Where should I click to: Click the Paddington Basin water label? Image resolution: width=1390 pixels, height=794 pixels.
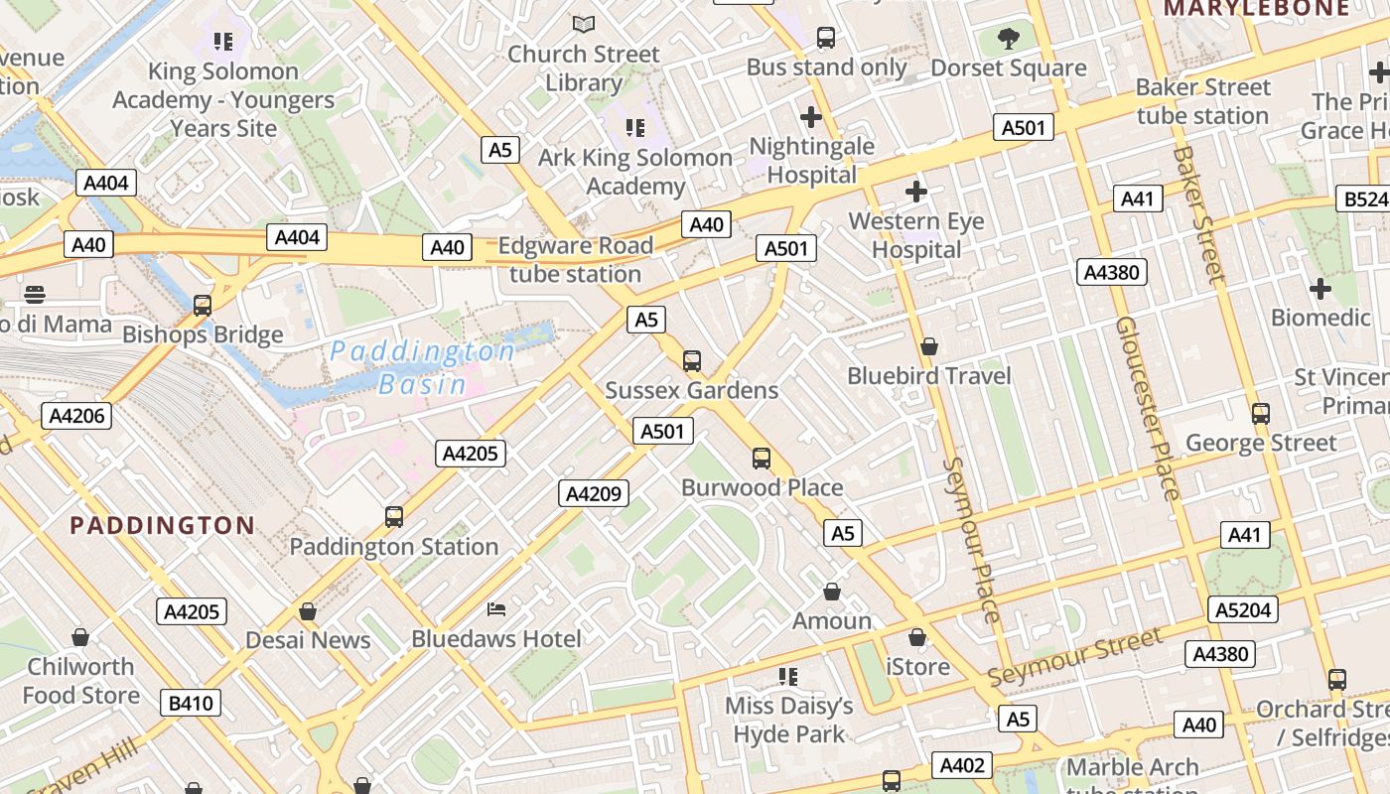click(x=423, y=367)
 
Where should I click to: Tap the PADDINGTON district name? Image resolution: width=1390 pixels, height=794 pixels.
click(x=162, y=525)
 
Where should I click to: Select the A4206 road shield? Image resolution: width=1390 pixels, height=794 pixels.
click(x=76, y=415)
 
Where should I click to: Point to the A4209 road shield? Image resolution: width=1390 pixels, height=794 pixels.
click(x=594, y=492)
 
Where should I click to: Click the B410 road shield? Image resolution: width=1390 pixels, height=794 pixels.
click(x=191, y=703)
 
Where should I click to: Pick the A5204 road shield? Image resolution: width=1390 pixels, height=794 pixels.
click(x=1242, y=609)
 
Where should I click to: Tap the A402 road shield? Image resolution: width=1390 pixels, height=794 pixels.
click(x=962, y=764)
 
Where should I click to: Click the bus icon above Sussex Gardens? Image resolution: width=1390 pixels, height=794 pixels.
click(x=692, y=361)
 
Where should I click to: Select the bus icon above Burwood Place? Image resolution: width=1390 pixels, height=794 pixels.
click(x=762, y=459)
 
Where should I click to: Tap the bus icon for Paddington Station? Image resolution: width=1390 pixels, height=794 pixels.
click(x=394, y=517)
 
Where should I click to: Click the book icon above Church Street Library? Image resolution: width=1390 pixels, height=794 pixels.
click(x=584, y=24)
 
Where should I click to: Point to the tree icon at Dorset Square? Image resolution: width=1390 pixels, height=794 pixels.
click(x=1009, y=40)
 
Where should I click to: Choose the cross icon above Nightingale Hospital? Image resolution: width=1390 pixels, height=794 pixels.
click(x=811, y=117)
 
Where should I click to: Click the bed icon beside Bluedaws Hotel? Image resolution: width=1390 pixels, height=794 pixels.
click(x=496, y=608)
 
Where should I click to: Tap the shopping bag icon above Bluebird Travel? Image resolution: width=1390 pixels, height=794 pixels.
click(x=929, y=346)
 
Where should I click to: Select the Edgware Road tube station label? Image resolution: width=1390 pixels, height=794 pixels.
click(x=575, y=260)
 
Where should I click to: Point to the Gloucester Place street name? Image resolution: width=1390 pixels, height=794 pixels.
click(x=1147, y=408)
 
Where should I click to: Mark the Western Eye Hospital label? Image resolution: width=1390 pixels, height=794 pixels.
click(x=916, y=235)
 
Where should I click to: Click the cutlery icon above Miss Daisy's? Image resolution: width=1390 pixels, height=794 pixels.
click(x=788, y=677)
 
